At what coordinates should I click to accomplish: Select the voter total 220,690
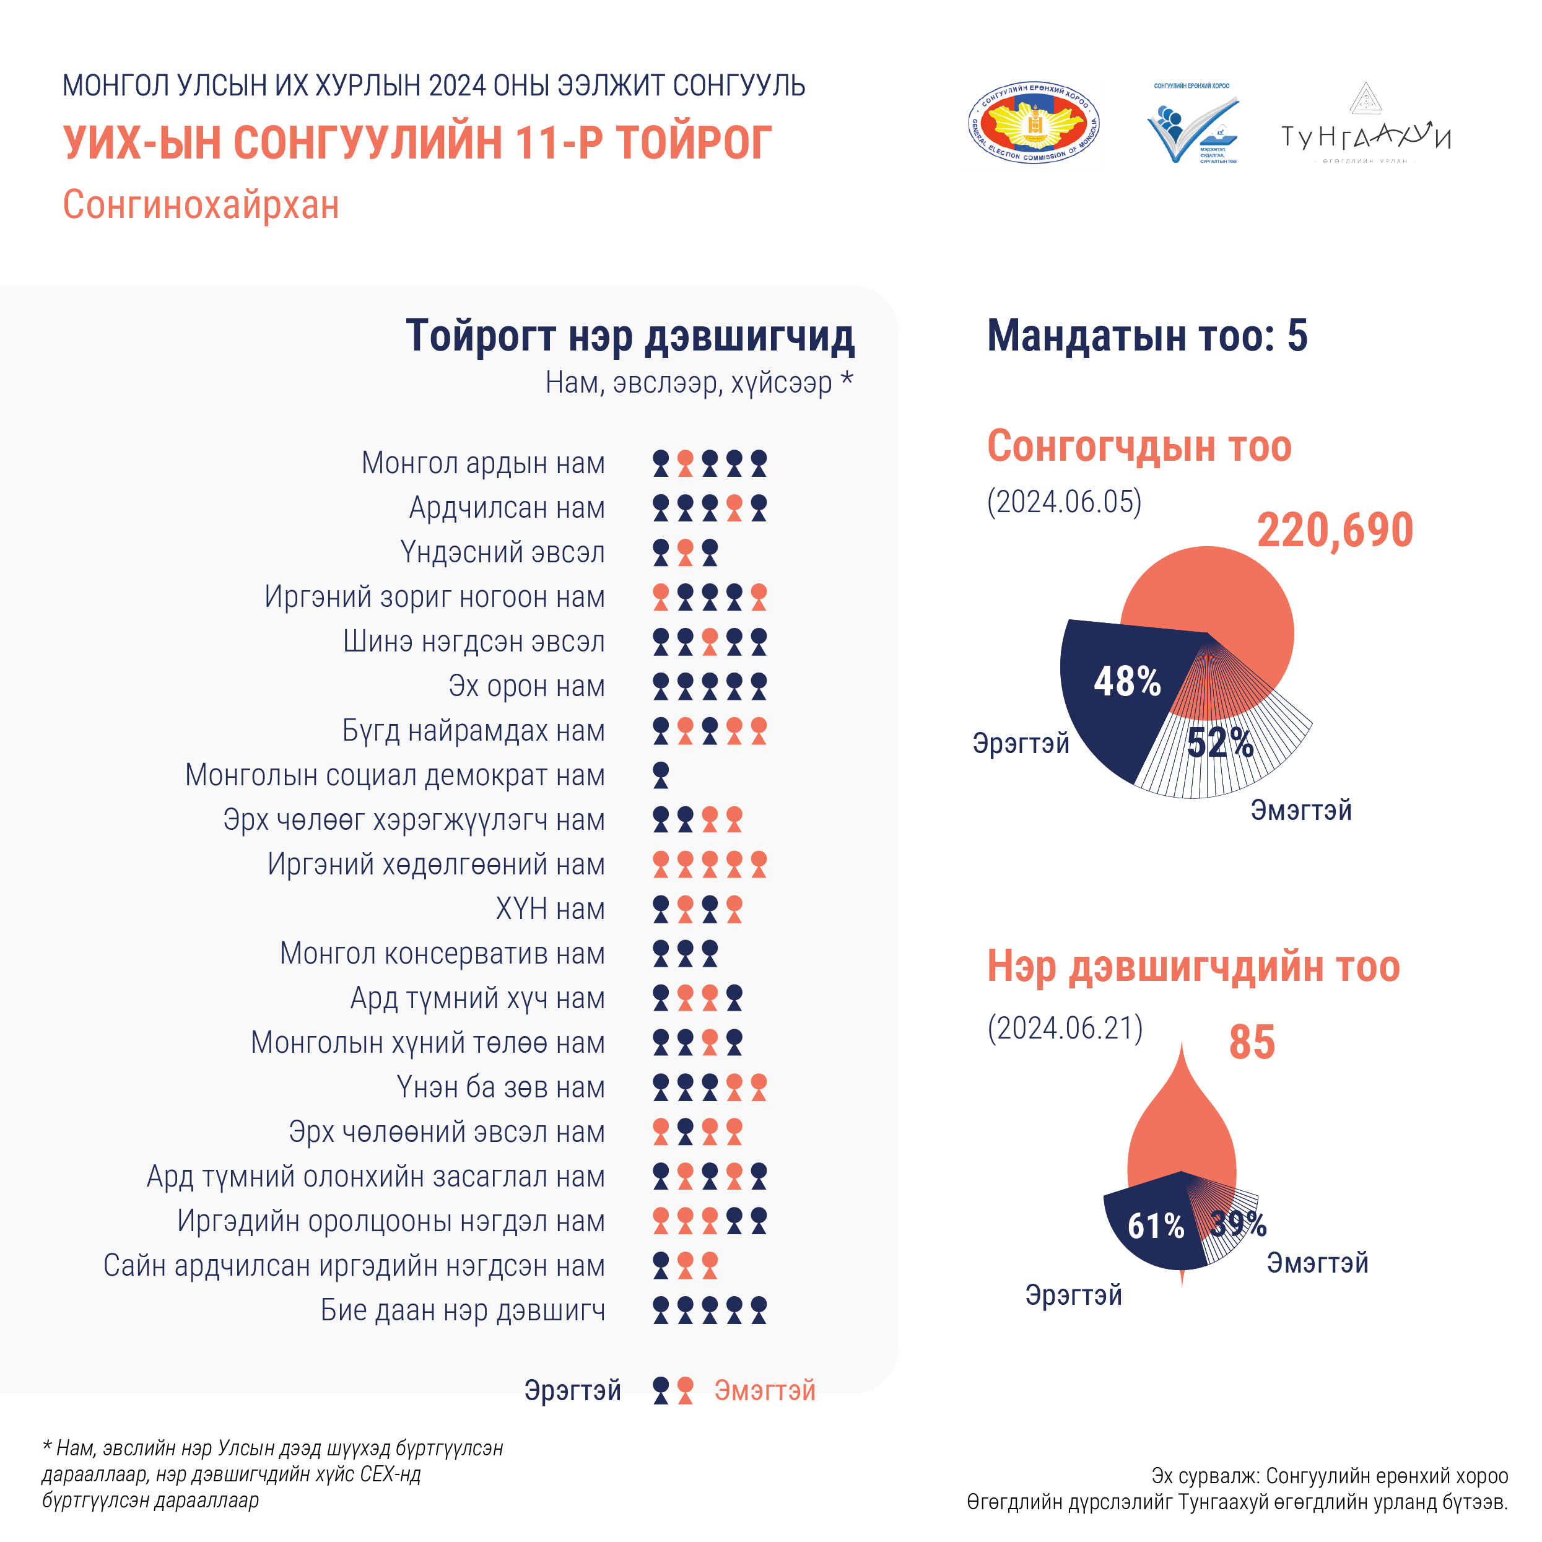tap(1335, 530)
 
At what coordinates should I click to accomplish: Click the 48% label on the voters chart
tap(1127, 682)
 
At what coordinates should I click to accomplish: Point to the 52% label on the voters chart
tap(1219, 743)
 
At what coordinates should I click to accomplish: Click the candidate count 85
tap(1252, 1042)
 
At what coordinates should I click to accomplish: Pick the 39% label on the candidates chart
tap(1238, 1224)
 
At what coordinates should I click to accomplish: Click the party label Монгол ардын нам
tap(483, 463)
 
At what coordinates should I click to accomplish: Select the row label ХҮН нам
tap(550, 909)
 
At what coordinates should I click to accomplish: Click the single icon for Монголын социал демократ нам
tap(661, 775)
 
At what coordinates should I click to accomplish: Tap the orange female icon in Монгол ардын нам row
tap(685, 464)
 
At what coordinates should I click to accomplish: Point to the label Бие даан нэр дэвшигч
tap(463, 1310)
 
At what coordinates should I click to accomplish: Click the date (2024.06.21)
tap(1065, 1028)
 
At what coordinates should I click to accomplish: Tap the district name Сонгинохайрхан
tap(201, 204)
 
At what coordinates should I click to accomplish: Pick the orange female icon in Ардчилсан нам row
tap(734, 508)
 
